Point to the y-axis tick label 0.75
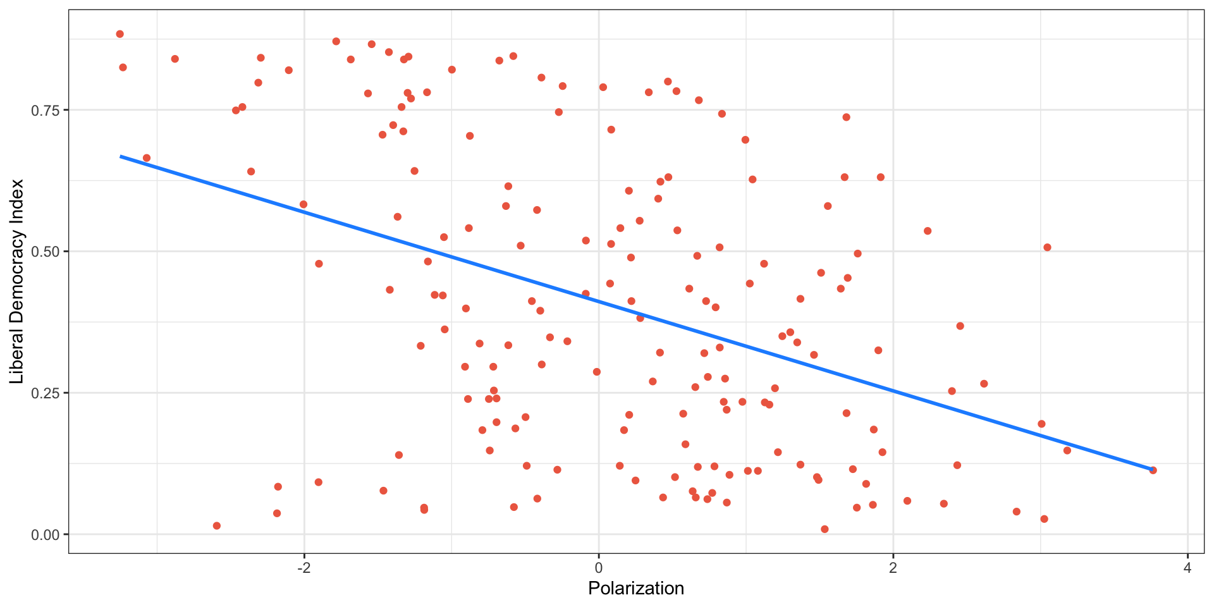coord(45,111)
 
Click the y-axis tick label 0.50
coord(45,252)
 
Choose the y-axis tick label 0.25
coord(45,393)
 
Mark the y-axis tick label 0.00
coord(45,535)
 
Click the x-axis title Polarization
coord(636,589)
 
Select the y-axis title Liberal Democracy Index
coord(17,281)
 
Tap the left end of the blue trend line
coord(121,156)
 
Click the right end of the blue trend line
coord(1152,469)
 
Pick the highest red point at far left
coord(120,34)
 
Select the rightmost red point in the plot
coord(1153,470)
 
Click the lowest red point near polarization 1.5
coord(825,529)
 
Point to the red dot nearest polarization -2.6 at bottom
coord(217,526)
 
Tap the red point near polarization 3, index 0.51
coord(1047,247)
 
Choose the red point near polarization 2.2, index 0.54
coord(928,231)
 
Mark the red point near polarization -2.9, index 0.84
coord(175,59)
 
